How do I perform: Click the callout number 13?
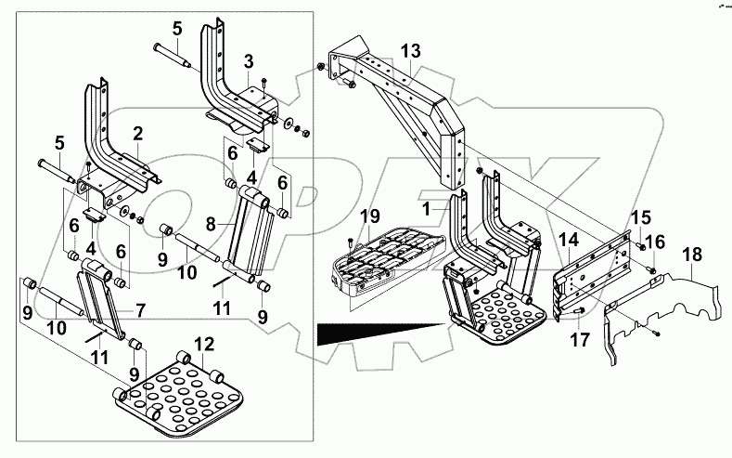(411, 49)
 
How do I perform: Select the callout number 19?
(369, 217)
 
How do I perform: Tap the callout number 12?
(203, 344)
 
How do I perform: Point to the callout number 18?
(693, 255)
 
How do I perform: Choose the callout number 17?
(579, 340)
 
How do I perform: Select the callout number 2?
(136, 133)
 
